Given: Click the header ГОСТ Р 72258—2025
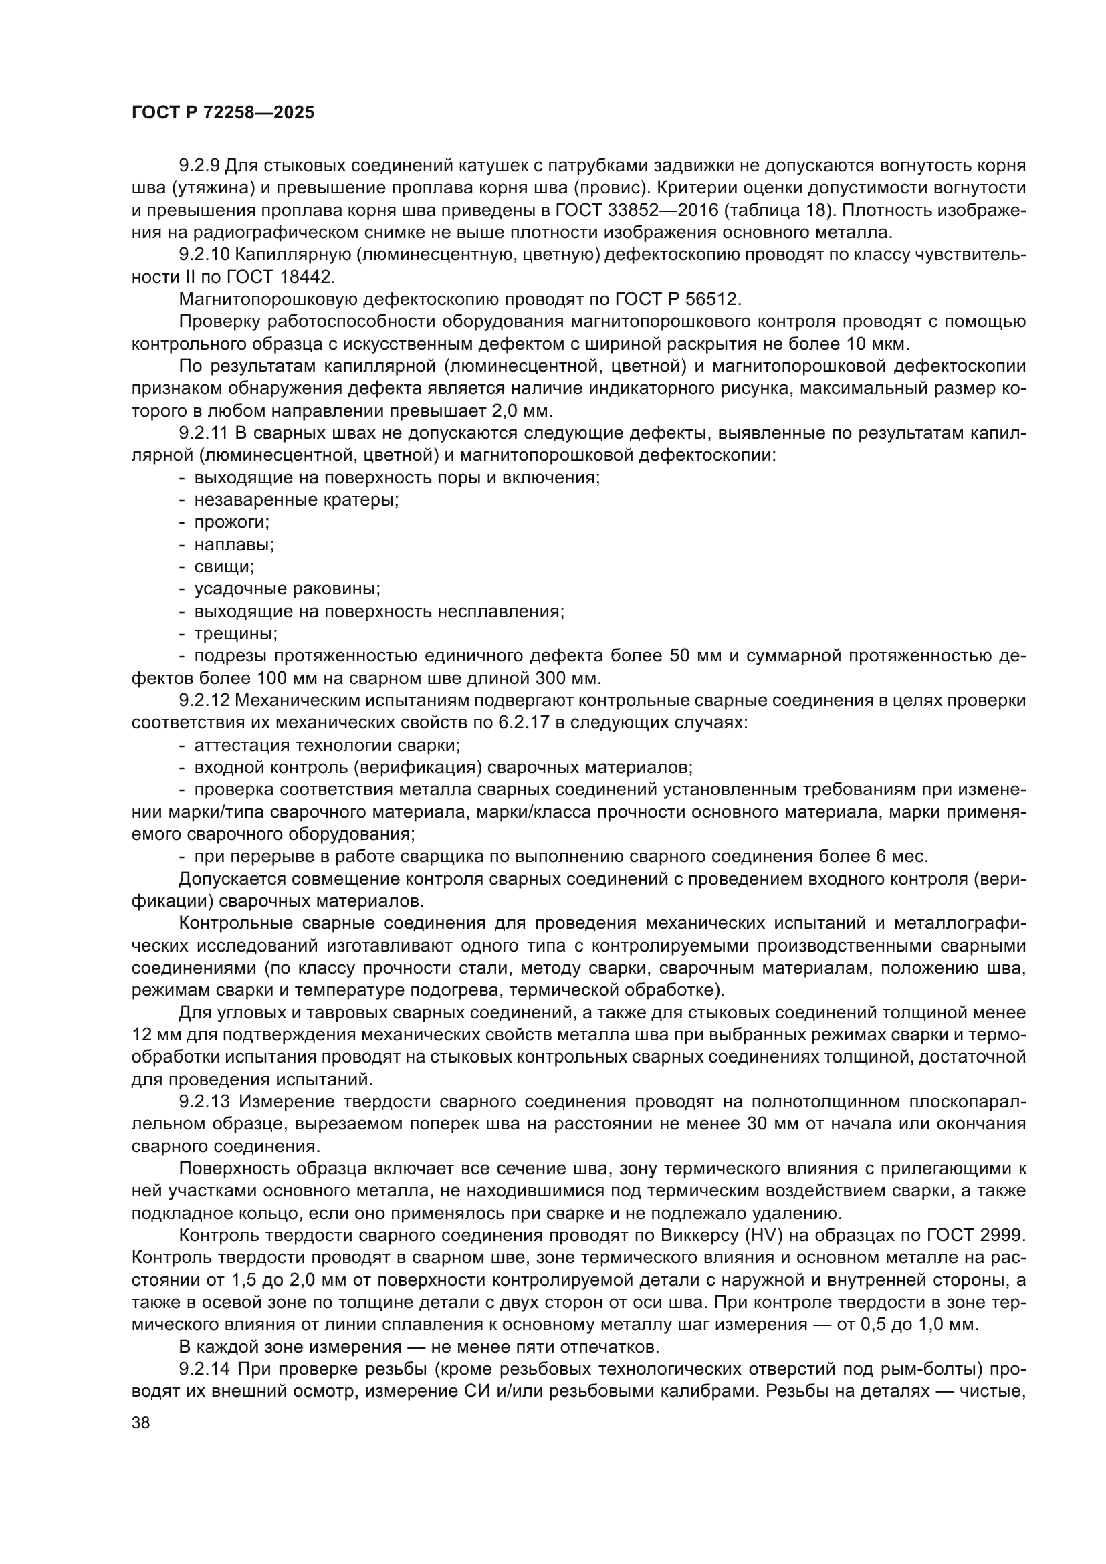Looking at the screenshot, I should tap(223, 113).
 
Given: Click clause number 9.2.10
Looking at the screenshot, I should tap(204, 255).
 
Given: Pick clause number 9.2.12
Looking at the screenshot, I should tap(204, 700).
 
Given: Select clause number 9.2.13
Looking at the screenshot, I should tap(204, 1101).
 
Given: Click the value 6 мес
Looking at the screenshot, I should tap(894, 857).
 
